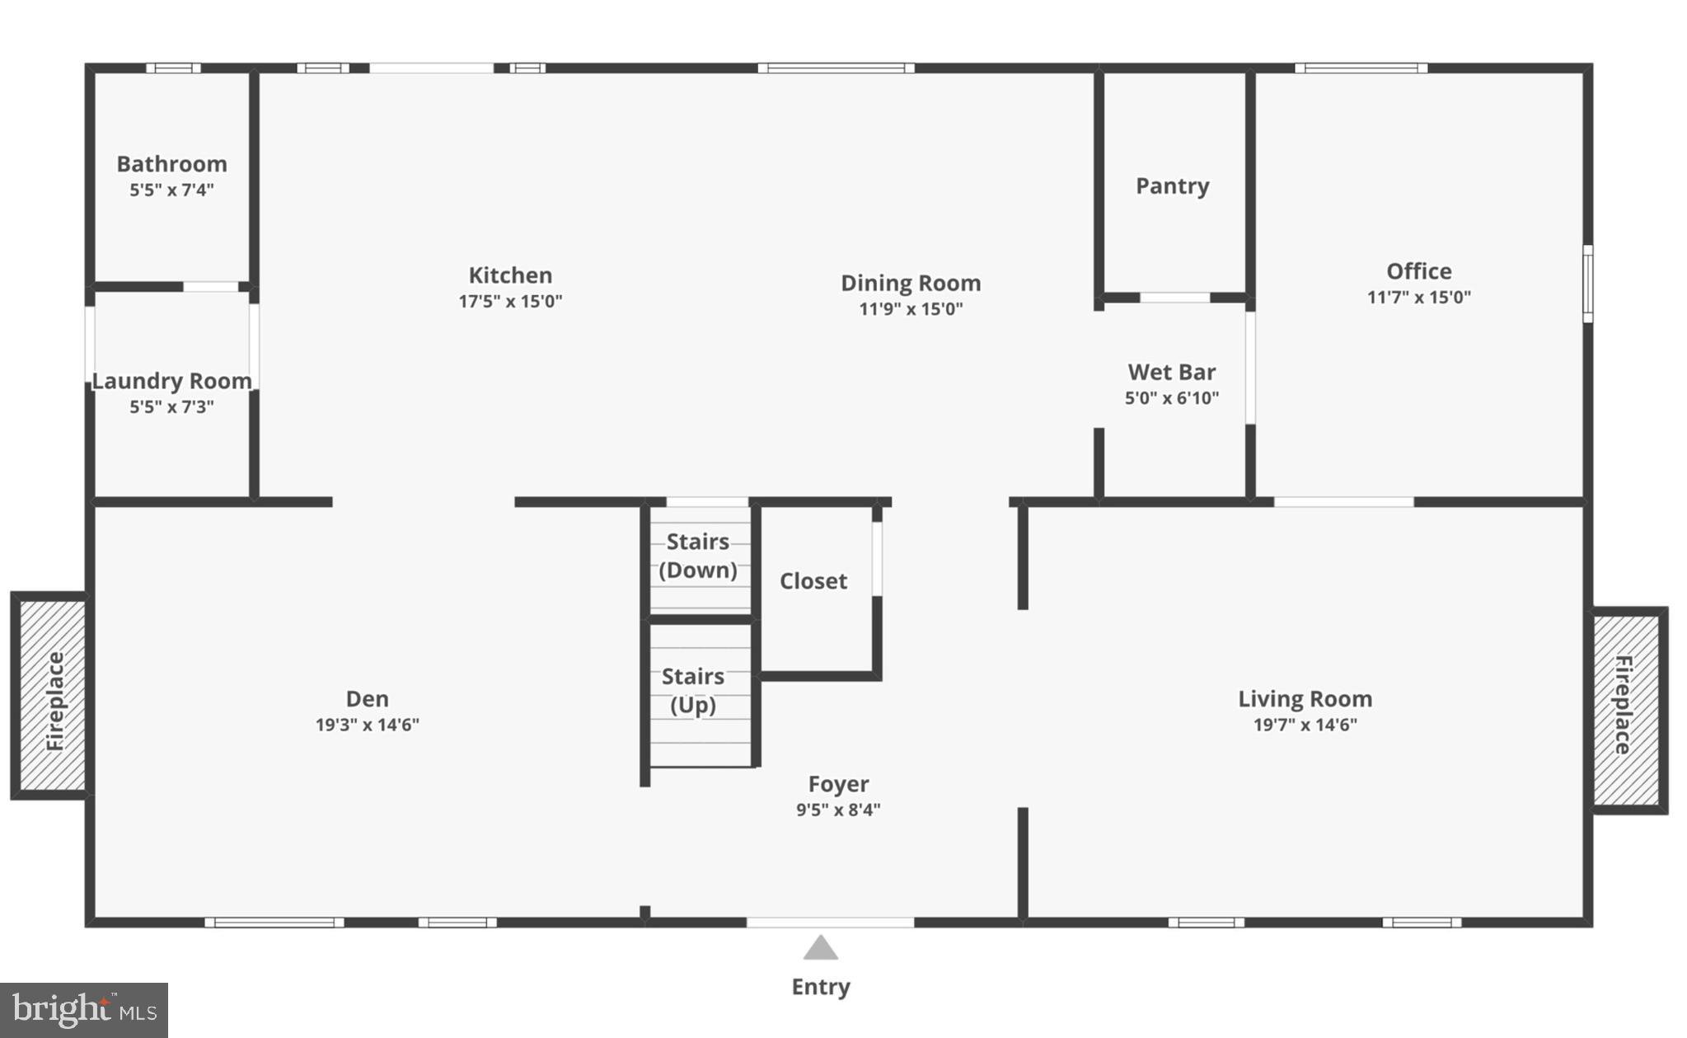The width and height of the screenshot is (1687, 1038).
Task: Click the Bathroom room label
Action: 171,164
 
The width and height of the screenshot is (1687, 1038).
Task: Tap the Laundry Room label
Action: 171,381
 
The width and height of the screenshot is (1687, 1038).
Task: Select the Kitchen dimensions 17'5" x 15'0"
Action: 510,301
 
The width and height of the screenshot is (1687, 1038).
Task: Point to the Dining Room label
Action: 911,283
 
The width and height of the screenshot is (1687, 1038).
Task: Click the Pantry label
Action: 1172,186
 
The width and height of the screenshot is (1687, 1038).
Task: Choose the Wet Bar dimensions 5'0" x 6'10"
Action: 1171,398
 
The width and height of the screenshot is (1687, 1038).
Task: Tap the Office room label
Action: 1418,271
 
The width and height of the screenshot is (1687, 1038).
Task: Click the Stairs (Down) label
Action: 697,556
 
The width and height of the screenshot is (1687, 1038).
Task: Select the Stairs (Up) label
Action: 692,691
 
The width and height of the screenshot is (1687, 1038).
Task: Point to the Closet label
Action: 813,581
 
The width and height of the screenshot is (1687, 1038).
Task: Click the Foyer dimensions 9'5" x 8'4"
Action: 837,810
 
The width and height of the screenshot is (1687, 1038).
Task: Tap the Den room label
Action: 367,699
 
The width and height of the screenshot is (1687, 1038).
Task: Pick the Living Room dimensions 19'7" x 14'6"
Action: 1305,725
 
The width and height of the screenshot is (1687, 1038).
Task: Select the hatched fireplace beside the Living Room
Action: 1625,710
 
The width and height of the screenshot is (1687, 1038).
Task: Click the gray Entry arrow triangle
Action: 820,949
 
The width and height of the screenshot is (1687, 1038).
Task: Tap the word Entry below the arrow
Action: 820,987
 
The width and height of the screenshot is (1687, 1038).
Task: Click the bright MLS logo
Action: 84,1010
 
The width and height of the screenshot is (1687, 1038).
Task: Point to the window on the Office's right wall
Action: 1587,283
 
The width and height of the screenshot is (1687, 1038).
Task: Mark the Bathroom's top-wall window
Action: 173,68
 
